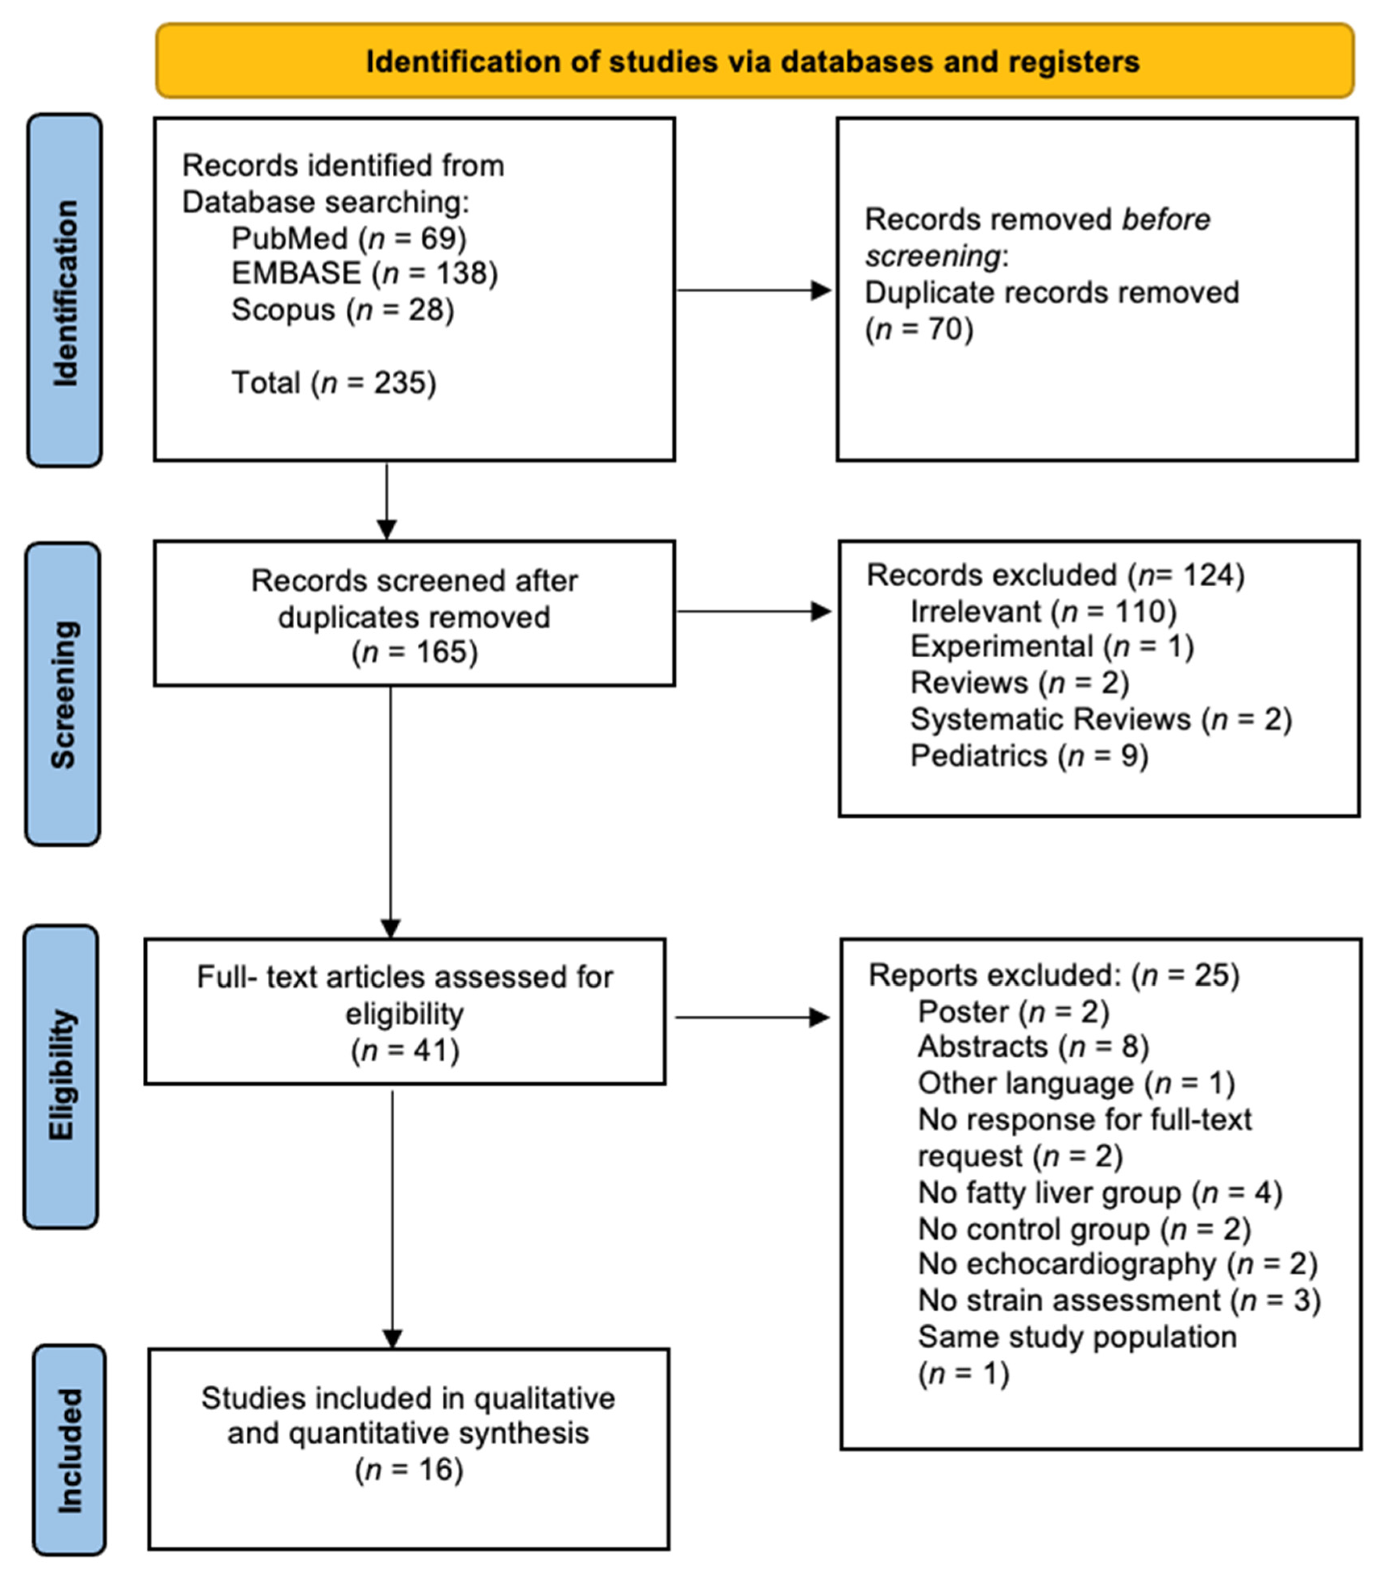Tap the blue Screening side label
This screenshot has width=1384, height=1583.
click(62, 694)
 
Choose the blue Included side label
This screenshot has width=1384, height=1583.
click(69, 1450)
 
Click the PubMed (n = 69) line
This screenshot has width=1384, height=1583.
click(349, 239)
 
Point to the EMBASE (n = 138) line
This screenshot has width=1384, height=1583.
click(364, 273)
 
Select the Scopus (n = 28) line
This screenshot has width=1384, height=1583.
click(343, 310)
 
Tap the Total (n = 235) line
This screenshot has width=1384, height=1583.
click(334, 383)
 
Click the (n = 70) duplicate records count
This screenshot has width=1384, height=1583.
click(919, 329)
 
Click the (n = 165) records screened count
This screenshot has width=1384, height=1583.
click(415, 652)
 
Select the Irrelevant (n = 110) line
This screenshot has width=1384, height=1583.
click(1043, 612)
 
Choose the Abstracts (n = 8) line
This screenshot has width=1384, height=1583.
click(1032, 1047)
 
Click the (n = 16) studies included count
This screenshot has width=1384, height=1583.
click(409, 1469)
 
